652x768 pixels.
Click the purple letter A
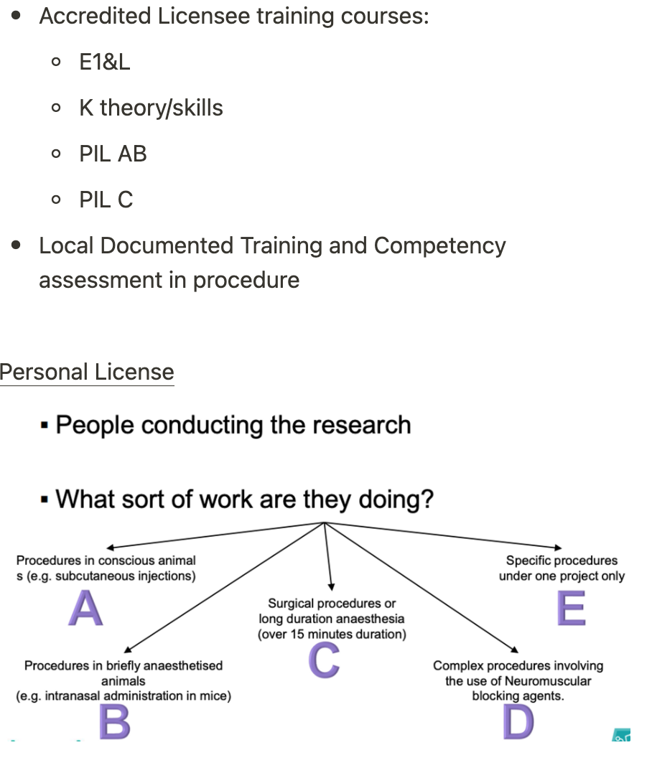tap(85, 609)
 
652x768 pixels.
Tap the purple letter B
tap(114, 721)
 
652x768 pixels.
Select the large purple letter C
tap(324, 660)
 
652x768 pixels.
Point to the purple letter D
tap(518, 721)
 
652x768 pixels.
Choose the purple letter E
tap(571, 609)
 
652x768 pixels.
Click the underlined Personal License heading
tap(87, 372)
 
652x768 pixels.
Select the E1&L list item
tap(105, 62)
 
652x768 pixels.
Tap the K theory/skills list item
tap(151, 108)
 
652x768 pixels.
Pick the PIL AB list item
tap(113, 154)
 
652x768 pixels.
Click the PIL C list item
tap(106, 200)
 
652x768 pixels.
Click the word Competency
tap(439, 245)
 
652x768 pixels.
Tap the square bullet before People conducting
tap(45, 426)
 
